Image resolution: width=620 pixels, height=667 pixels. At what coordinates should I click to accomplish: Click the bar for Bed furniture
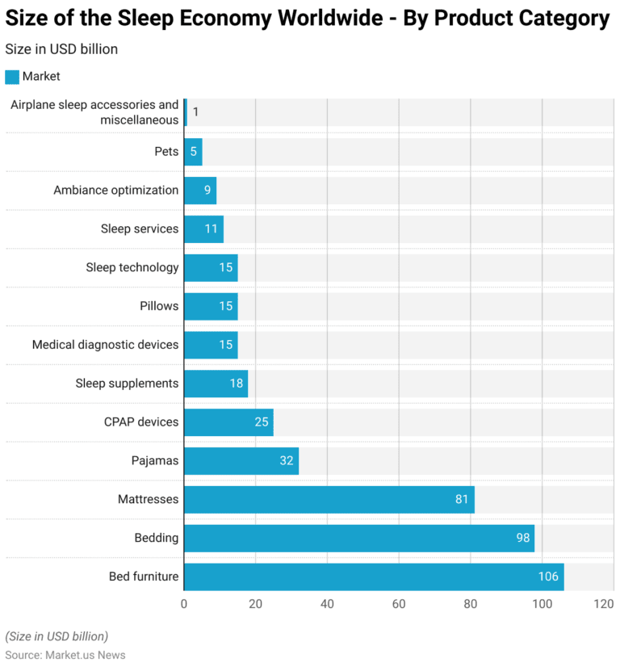tap(373, 577)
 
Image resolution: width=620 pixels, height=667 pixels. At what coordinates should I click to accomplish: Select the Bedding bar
tap(358, 538)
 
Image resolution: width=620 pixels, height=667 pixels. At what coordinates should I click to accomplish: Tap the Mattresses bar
tap(329, 499)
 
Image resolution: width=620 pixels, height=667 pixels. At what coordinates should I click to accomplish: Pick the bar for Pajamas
tap(241, 460)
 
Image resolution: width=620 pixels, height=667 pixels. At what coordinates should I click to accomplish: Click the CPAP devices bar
tap(228, 422)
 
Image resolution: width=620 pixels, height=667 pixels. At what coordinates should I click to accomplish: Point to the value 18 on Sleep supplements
tap(237, 384)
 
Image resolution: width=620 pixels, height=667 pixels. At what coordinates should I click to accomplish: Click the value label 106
tap(548, 577)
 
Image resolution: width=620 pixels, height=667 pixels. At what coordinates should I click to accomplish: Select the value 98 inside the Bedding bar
tap(523, 538)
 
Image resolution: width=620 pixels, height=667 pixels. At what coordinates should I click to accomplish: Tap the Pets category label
tap(166, 152)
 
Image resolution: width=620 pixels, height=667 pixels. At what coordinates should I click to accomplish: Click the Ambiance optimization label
tap(115, 191)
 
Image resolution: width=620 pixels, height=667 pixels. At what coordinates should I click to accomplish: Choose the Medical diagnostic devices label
tap(105, 345)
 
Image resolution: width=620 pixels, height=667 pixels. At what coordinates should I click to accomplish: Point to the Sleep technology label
tap(132, 267)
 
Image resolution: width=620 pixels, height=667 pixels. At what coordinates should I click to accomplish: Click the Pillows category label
tap(159, 306)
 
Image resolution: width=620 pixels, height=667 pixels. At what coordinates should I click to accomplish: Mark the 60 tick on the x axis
tap(399, 604)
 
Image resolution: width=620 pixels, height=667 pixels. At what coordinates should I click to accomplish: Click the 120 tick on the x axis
tap(603, 604)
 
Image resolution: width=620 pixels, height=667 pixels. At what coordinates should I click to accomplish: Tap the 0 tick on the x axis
tap(184, 604)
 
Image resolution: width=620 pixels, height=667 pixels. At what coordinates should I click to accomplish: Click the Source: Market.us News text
tap(65, 655)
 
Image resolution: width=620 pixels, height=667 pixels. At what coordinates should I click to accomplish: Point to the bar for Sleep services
tap(203, 229)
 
